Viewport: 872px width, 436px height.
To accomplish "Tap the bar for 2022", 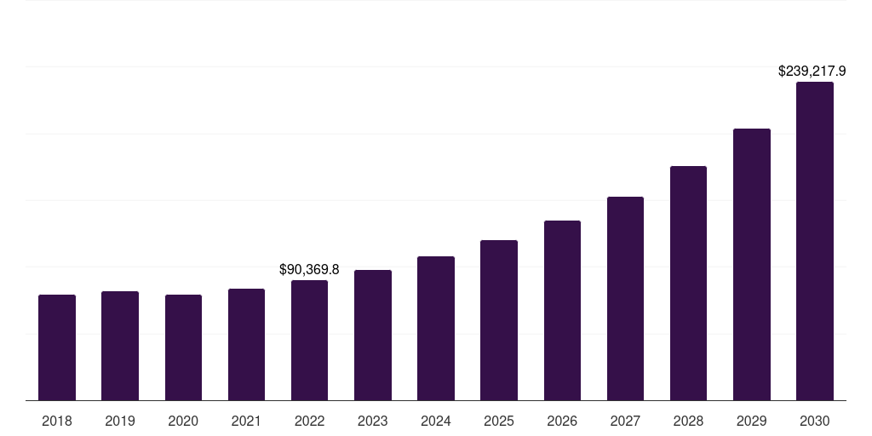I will (309, 341).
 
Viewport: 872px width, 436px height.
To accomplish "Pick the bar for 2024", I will (436, 329).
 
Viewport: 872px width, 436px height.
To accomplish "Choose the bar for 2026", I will (562, 311).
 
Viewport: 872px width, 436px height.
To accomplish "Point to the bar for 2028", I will (688, 284).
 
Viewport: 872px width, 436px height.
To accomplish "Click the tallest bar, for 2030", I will (815, 241).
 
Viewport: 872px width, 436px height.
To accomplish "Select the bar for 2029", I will (752, 265).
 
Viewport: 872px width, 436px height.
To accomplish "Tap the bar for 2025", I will (499, 320).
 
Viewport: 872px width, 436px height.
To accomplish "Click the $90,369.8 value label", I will (309, 269).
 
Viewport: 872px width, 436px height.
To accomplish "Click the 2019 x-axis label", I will (120, 421).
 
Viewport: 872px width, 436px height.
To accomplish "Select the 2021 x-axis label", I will (246, 421).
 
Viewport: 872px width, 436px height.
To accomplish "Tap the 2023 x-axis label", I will (373, 421).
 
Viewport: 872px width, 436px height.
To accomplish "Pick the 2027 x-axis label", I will (625, 421).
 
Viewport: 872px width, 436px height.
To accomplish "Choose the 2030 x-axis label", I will (815, 421).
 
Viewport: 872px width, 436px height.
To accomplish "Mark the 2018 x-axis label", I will (57, 421).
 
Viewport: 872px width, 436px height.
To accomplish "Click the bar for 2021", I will (246, 345).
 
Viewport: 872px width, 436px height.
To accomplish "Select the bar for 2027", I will (625, 299).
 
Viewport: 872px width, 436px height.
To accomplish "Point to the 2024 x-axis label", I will (436, 421).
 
